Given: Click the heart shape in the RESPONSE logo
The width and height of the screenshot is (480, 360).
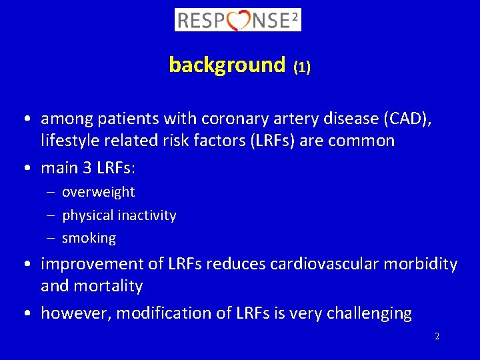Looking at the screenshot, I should point(239,20).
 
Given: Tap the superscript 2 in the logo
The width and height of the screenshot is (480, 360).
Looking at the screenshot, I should point(294,15).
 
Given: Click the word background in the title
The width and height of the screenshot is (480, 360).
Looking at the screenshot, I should point(227,65).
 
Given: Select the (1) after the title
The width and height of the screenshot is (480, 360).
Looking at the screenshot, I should point(302,67).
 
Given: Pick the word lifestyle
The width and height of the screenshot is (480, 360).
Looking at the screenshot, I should point(69,141).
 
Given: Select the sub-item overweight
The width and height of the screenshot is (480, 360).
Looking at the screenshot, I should point(99,192).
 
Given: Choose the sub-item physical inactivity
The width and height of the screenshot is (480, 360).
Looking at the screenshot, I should point(119,215).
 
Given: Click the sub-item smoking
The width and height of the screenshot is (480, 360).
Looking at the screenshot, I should point(89,238).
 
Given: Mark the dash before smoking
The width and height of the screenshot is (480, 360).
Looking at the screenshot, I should point(51,238).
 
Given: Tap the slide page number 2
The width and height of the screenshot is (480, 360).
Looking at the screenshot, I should point(437,337).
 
